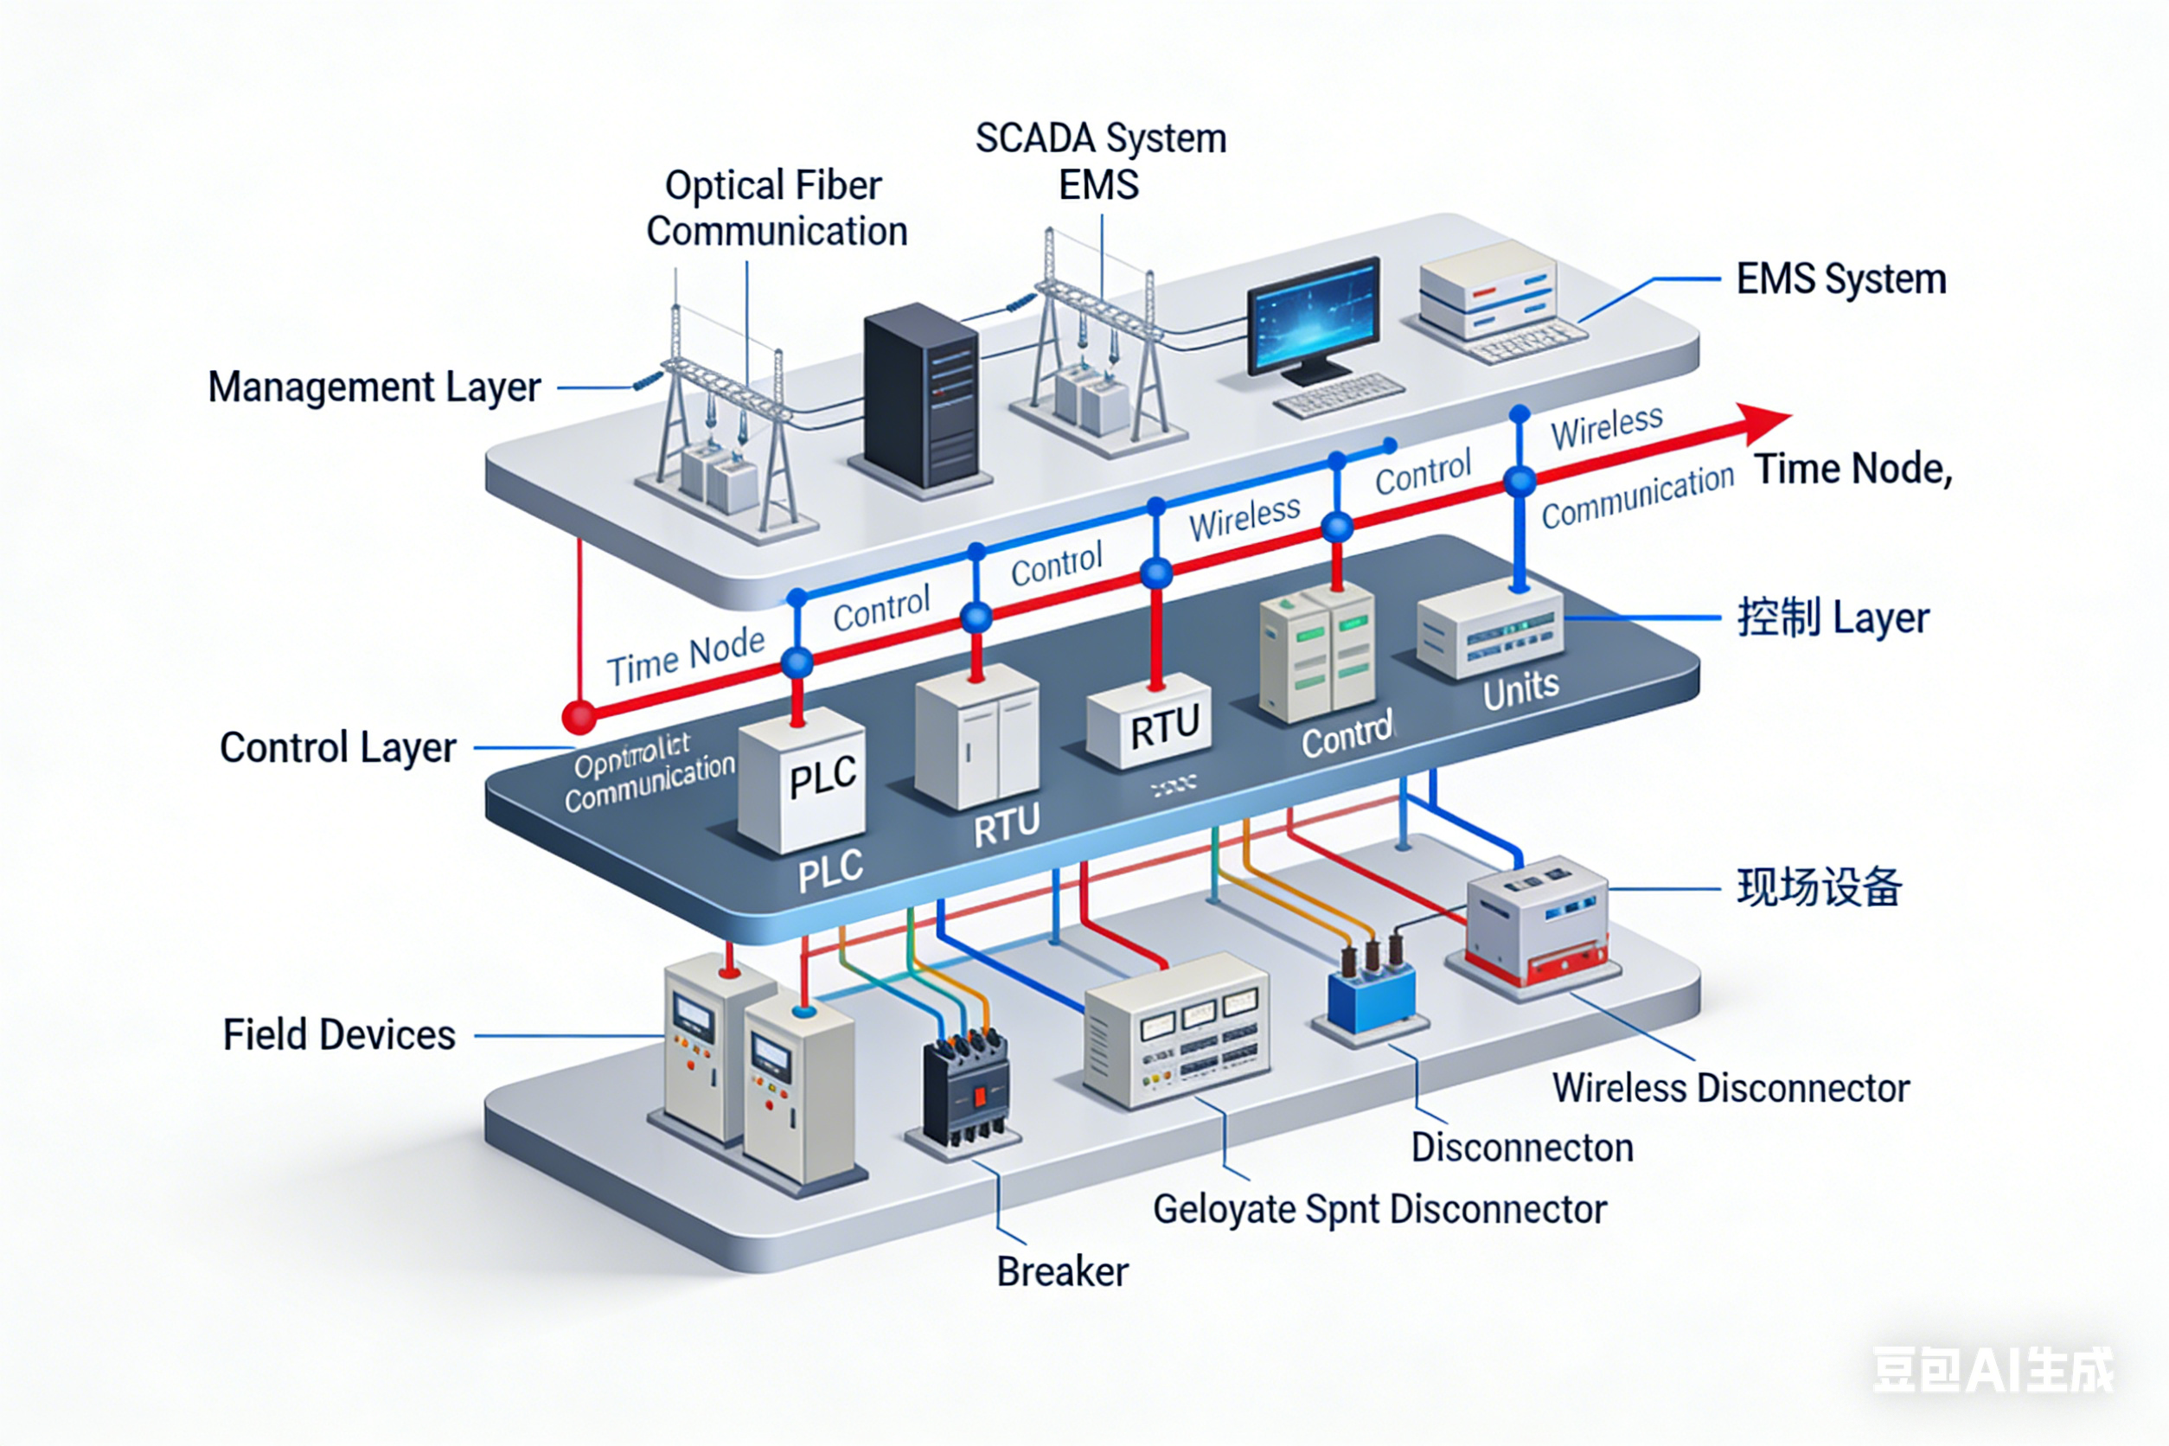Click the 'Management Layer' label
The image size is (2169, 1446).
pyautogui.click(x=374, y=387)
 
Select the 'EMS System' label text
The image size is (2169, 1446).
pyautogui.click(x=1840, y=278)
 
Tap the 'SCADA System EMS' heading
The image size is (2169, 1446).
pyautogui.click(x=1100, y=162)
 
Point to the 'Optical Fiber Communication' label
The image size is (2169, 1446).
pyautogui.click(x=776, y=208)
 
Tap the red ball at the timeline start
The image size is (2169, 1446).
pyautogui.click(x=579, y=717)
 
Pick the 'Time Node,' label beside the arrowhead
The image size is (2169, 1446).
pyautogui.click(x=1852, y=470)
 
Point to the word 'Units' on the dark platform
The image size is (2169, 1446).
pyautogui.click(x=1520, y=689)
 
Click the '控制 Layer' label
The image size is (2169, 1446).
pyautogui.click(x=1833, y=617)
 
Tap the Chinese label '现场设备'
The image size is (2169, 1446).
pyautogui.click(x=1819, y=887)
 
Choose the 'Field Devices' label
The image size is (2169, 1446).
pyautogui.click(x=338, y=1034)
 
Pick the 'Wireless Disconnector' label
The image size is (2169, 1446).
pyautogui.click(x=1730, y=1088)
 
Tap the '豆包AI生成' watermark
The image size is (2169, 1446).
pyautogui.click(x=1993, y=1371)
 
